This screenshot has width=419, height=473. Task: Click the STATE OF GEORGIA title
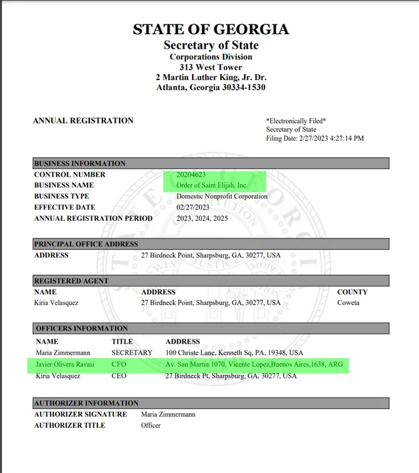pyautogui.click(x=210, y=29)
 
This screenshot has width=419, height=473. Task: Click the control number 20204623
pyautogui.click(x=192, y=175)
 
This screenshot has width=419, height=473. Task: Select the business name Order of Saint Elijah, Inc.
pyautogui.click(x=212, y=185)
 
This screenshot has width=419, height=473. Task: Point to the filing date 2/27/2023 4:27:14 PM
pyautogui.click(x=314, y=139)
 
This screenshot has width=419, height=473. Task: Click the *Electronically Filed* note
pyautogui.click(x=295, y=121)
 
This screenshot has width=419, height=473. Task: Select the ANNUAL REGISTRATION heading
pyautogui.click(x=83, y=121)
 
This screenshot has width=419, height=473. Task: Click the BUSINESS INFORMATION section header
pyautogui.click(x=80, y=164)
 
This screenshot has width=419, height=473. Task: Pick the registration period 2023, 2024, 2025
pyautogui.click(x=203, y=218)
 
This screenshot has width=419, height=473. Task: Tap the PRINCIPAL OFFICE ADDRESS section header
pyautogui.click(x=86, y=244)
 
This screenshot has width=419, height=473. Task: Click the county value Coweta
pyautogui.click(x=348, y=303)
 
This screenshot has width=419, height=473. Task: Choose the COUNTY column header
pyautogui.click(x=352, y=292)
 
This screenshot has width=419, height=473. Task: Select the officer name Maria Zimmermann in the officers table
pyautogui.click(x=62, y=353)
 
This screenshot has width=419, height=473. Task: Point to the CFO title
pyautogui.click(x=118, y=364)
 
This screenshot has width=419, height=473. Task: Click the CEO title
pyautogui.click(x=119, y=376)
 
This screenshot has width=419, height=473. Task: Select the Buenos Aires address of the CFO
pyautogui.click(x=254, y=364)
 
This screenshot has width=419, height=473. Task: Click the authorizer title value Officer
pyautogui.click(x=151, y=426)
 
